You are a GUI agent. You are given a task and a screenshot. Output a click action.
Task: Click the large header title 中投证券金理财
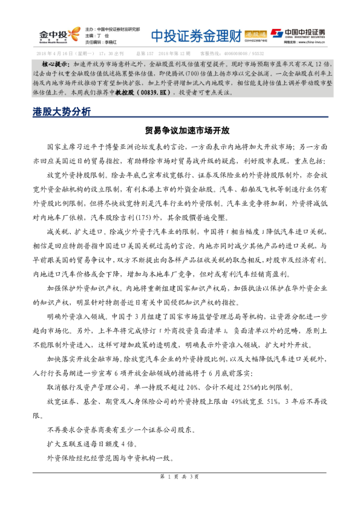pyautogui.click(x=195, y=35)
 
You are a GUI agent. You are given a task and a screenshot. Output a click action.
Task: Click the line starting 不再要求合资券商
pyautogui.click(x=121, y=430)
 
